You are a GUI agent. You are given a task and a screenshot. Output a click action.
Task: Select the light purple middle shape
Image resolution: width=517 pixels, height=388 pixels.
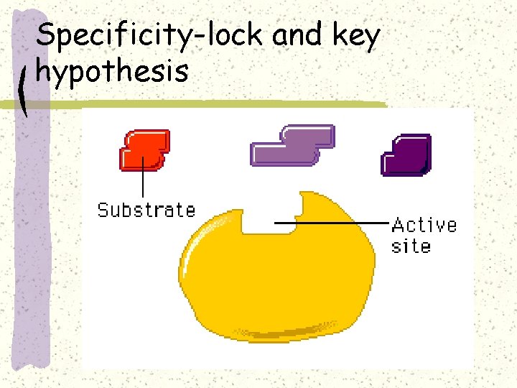[x=292, y=146]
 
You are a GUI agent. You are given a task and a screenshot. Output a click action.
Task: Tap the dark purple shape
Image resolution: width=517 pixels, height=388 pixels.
[x=406, y=154]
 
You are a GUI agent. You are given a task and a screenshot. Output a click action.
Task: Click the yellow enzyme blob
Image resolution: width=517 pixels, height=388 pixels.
[x=280, y=277]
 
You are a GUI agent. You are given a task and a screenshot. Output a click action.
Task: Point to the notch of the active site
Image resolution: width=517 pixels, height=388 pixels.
[x=259, y=220]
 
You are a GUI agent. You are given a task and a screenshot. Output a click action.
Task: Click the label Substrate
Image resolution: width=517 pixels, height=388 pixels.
[x=146, y=211]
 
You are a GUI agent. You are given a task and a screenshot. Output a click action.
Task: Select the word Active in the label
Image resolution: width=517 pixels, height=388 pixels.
[x=424, y=225]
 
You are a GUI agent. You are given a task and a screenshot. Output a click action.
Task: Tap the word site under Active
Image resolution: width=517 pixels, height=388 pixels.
[x=411, y=246]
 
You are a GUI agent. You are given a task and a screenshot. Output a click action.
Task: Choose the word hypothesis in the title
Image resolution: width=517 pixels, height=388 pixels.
[x=112, y=71]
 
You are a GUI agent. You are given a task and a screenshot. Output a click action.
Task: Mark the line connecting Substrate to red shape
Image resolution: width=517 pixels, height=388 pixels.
[x=144, y=180]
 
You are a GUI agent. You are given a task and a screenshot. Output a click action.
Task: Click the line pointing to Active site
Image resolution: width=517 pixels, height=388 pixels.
[x=334, y=223]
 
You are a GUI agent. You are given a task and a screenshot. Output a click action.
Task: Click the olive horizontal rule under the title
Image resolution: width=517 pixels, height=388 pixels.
[x=215, y=105]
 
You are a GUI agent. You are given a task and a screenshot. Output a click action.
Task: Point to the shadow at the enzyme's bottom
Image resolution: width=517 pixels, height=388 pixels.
[x=287, y=332]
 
